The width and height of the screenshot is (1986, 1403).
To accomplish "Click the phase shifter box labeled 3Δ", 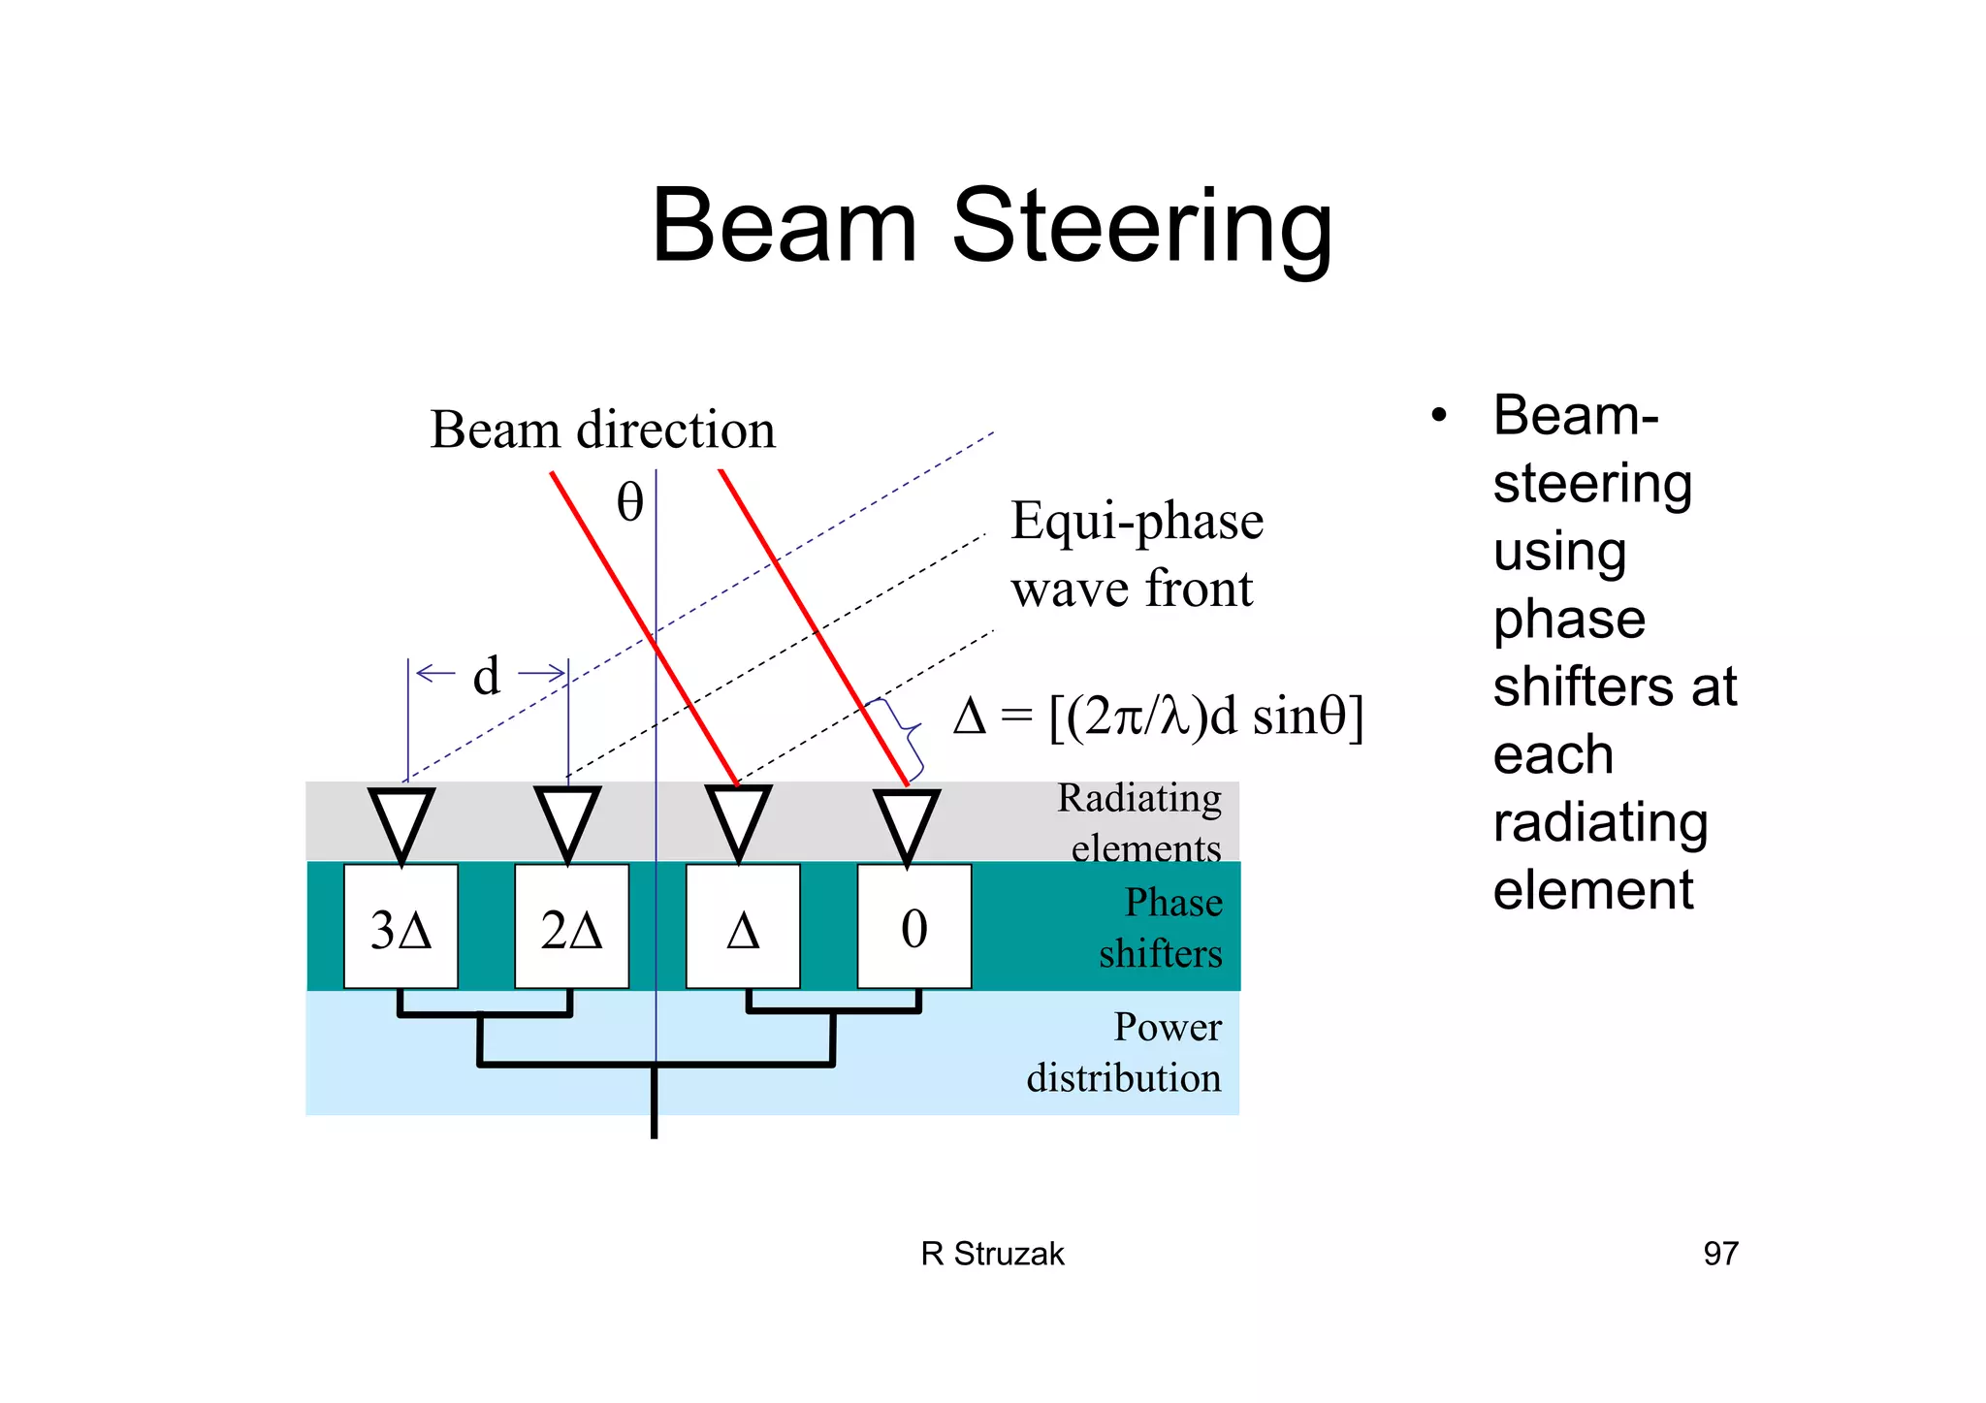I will (400, 927).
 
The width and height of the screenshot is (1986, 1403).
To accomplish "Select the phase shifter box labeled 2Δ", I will (571, 927).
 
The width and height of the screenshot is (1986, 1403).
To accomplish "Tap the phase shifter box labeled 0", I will (913, 927).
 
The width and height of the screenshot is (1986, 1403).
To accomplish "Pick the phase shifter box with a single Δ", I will (743, 927).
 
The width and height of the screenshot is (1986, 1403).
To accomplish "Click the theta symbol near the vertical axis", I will (630, 502).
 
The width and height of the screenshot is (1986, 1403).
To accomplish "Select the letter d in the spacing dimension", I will (487, 675).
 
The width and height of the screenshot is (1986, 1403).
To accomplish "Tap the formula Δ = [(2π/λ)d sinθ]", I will (1158, 717).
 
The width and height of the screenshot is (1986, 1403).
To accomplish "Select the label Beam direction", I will (602, 430).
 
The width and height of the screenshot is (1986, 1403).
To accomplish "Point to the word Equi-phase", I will (1137, 522).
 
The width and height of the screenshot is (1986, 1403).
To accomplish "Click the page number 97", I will (1720, 1254).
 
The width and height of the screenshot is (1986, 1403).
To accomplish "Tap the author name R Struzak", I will (992, 1254).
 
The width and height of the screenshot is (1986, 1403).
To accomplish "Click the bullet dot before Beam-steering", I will (1439, 416).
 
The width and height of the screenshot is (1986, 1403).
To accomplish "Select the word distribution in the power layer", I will (1124, 1078).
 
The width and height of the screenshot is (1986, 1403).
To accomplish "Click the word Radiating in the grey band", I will (1139, 798).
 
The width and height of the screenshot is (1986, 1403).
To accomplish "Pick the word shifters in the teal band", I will (1160, 954).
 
